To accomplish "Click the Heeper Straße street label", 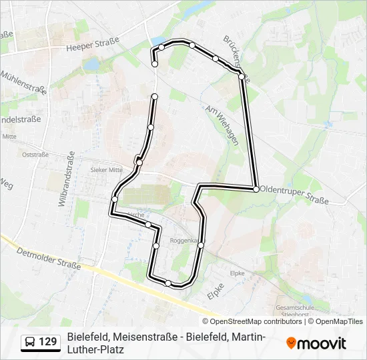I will pyautogui.click(x=93, y=43).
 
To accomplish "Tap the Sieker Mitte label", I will pyautogui.click(x=107, y=170).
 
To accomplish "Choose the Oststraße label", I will pyautogui.click(x=35, y=154).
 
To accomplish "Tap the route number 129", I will pyautogui.click(x=48, y=342).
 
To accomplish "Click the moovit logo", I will pyautogui.click(x=316, y=343).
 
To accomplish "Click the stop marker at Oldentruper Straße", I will pyautogui.click(x=256, y=189).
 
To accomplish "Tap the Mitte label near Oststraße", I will pyautogui.click(x=9, y=137).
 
